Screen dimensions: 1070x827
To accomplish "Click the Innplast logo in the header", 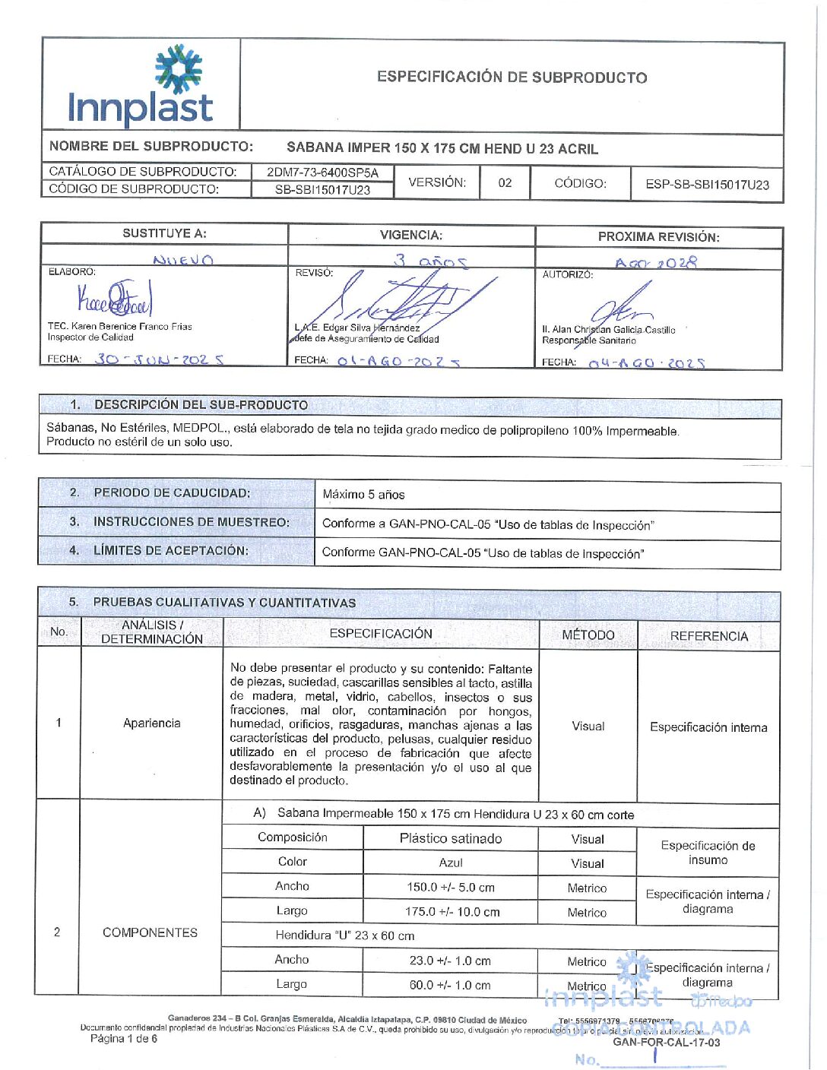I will pos(141,86).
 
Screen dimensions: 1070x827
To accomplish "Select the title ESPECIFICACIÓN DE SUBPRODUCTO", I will pos(512,78).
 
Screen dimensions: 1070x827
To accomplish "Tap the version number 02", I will pos(505,183).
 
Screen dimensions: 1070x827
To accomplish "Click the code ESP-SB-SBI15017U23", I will pos(707,185).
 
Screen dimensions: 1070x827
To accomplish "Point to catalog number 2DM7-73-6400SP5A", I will pos(322,173).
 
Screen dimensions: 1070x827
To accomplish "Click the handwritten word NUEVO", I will pos(183,260).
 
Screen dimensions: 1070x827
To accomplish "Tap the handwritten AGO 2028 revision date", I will pos(655,263).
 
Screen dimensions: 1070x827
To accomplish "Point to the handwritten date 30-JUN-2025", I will pos(159,359).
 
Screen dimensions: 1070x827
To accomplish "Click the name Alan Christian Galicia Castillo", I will pos(608,330).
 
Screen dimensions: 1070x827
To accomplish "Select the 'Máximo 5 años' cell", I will pos(363,495).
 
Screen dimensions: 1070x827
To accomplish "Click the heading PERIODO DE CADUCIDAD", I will pos(172,493).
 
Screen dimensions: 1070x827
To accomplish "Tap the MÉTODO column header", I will pos(588,635).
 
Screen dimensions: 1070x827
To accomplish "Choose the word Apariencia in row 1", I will pos(151,723).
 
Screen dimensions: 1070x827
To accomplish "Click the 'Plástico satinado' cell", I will pos(451,839).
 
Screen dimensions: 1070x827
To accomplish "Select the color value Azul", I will pos(451,863).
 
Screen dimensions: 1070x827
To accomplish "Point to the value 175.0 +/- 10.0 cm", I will pos(452,912).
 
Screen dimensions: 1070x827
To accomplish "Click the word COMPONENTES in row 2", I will pos(150,932).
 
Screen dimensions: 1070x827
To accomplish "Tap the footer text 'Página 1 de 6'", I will pos(124,1039).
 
